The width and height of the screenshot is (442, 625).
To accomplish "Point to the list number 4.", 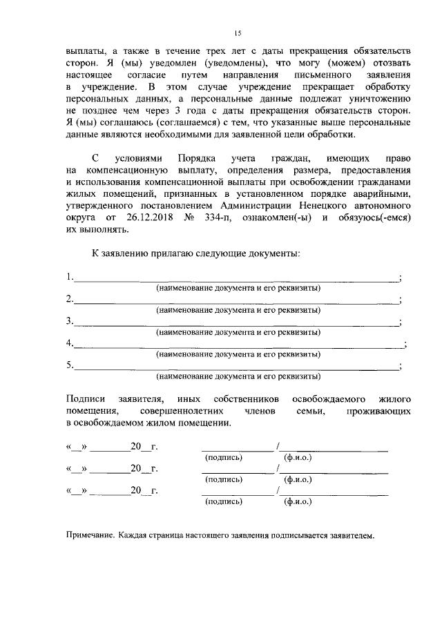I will pos(70,343).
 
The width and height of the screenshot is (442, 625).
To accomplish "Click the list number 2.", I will pos(70,299).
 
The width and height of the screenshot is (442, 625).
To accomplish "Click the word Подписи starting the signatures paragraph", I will pos(86,398).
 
